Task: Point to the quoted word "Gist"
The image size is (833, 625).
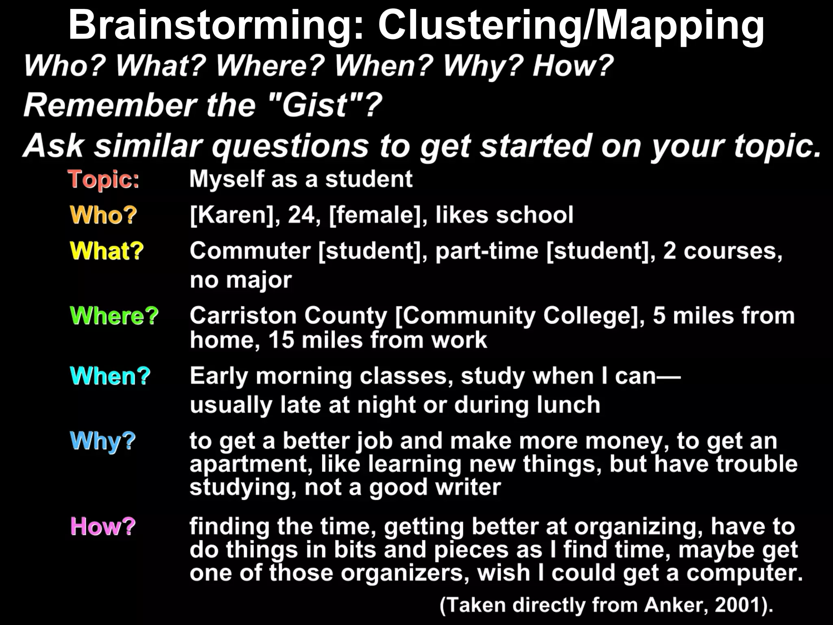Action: pyautogui.click(x=315, y=105)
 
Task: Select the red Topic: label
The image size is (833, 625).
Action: pyautogui.click(x=104, y=179)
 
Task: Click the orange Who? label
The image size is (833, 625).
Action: pyautogui.click(x=103, y=215)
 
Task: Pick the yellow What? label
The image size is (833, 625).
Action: pyautogui.click(x=107, y=251)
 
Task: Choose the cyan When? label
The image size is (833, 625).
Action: pyautogui.click(x=110, y=376)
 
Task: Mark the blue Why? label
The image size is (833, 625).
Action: pyautogui.click(x=102, y=441)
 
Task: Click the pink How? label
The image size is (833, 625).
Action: pyautogui.click(x=103, y=526)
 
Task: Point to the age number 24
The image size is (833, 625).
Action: pyautogui.click(x=301, y=215)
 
